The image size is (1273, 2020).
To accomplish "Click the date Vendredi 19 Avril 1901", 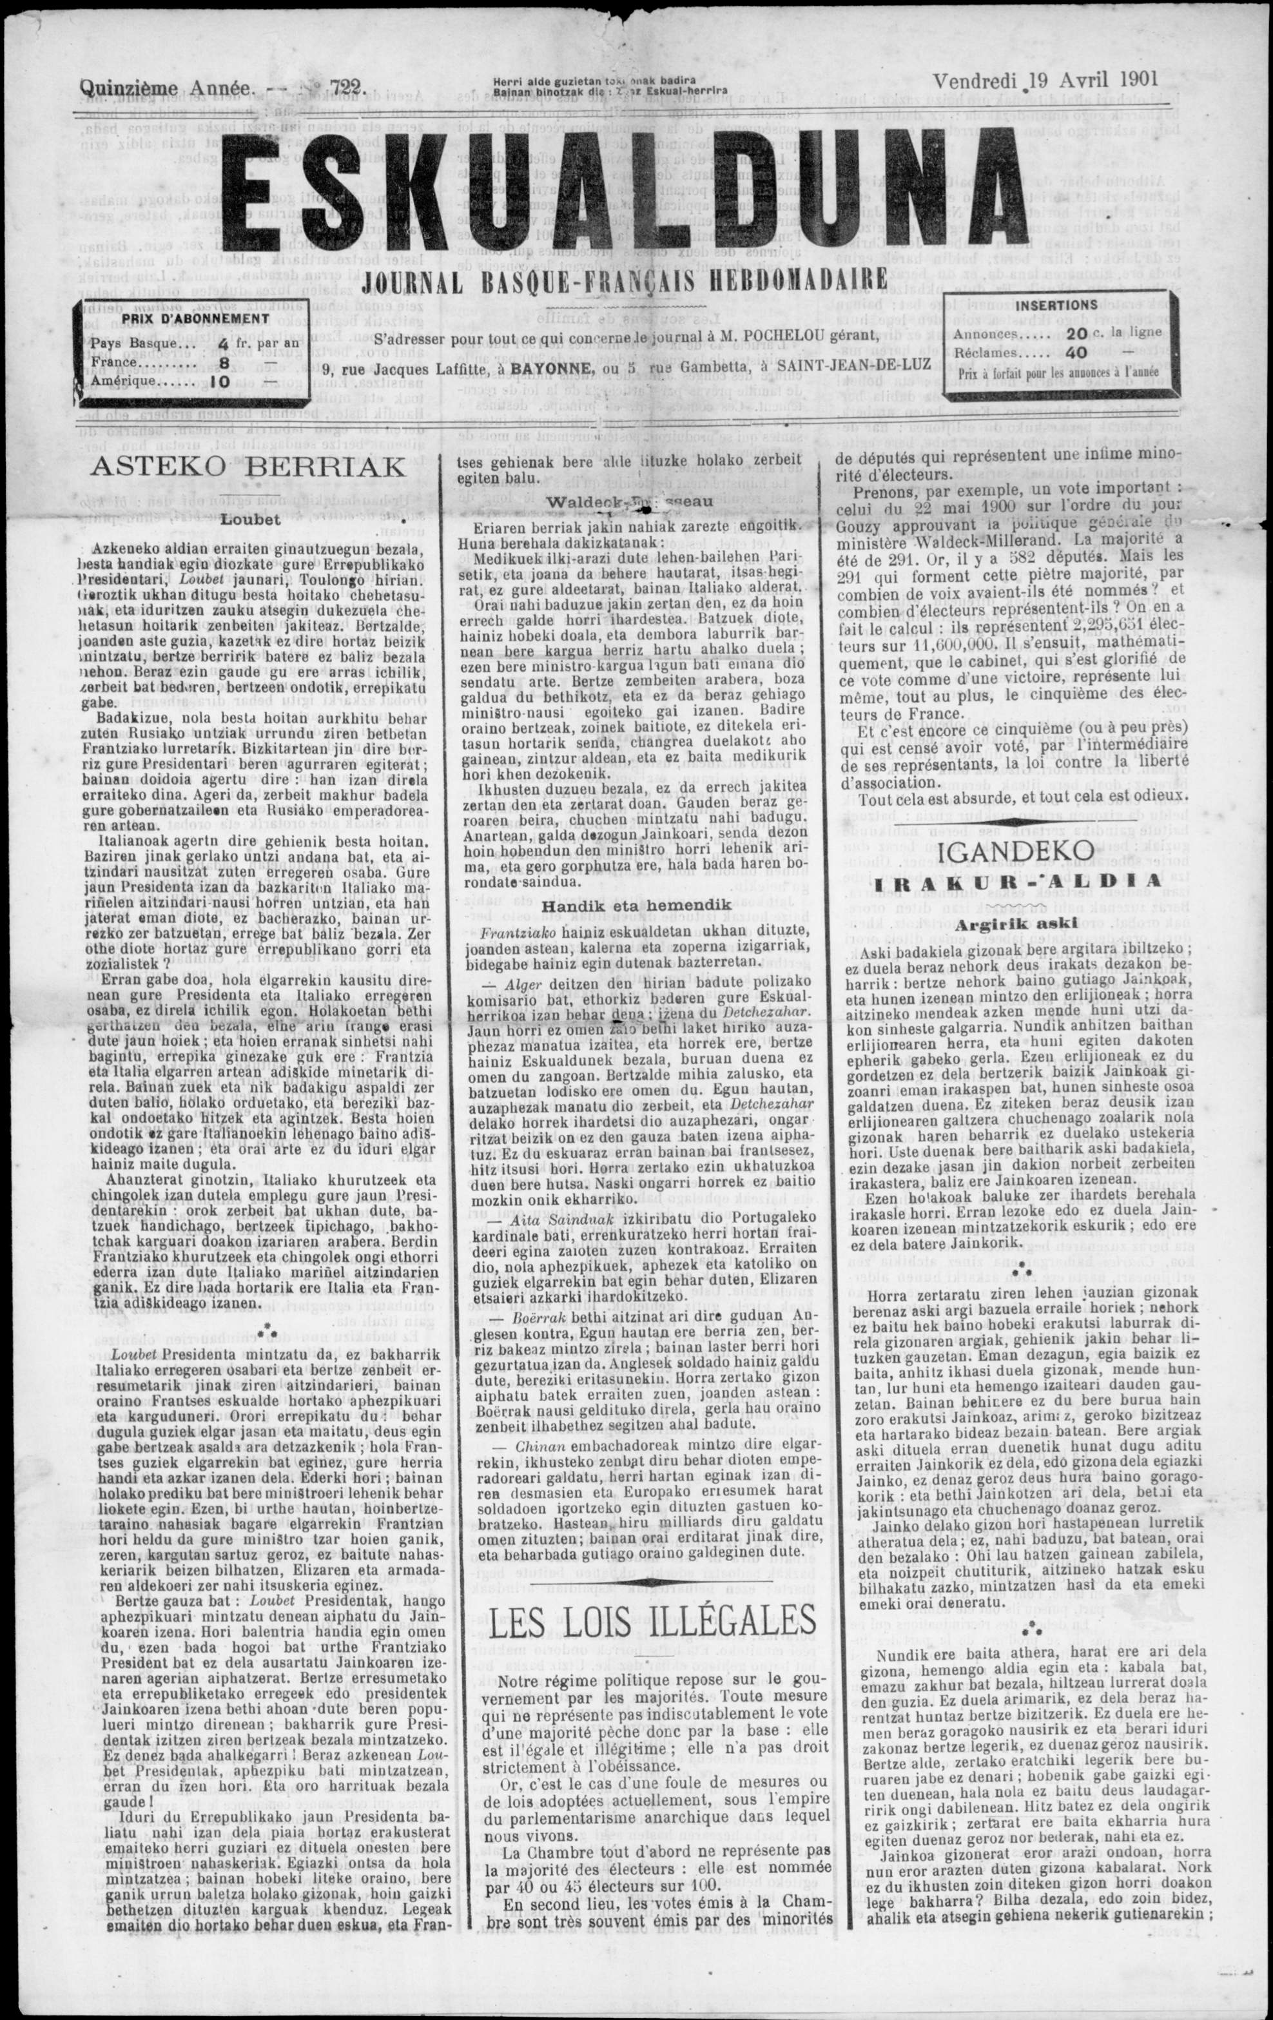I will click(x=1045, y=81).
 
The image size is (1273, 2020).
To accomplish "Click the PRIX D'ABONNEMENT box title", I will click(x=195, y=319).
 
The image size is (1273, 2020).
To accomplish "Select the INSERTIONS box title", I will click(x=1056, y=306).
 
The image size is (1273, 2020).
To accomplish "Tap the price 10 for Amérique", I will click(x=220, y=380).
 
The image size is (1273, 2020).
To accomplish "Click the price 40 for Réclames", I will click(x=1078, y=353).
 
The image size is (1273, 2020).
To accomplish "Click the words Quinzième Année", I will click(x=166, y=87).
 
